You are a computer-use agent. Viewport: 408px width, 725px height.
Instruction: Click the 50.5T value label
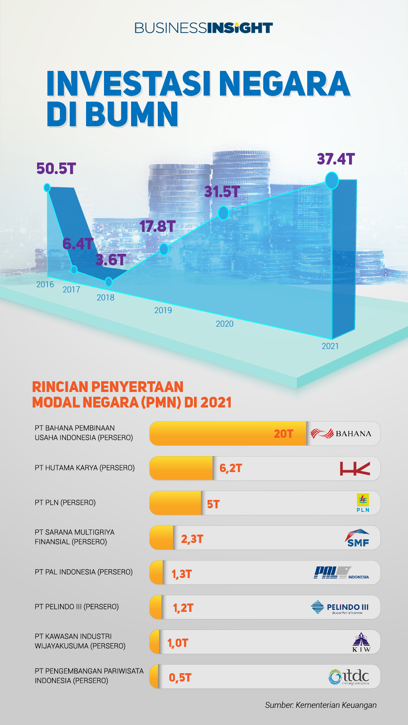(56, 169)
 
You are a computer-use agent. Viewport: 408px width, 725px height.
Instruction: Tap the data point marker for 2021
(331, 180)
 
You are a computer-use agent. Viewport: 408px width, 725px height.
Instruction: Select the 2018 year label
(106, 298)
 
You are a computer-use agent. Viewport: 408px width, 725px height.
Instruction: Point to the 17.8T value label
(157, 227)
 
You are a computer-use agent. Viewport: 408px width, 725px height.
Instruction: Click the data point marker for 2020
(223, 213)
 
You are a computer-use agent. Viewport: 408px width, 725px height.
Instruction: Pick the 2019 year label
(163, 310)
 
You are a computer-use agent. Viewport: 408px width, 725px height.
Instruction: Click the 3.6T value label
(111, 260)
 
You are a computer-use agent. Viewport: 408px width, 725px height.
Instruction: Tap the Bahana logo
(341, 433)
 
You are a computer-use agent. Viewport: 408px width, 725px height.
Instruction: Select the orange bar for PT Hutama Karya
(181, 468)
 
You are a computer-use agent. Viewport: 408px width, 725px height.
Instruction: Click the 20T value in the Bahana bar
(283, 434)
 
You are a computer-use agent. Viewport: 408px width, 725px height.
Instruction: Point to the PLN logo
(363, 503)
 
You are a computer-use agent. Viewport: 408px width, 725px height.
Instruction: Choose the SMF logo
(357, 538)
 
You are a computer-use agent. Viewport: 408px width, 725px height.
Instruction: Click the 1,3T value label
(182, 574)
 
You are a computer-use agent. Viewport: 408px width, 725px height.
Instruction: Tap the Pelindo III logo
(340, 607)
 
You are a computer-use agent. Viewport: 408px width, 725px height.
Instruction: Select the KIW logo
(361, 642)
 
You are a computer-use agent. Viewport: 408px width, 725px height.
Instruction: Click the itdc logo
(349, 677)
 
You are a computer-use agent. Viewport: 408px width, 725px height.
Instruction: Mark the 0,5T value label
(180, 678)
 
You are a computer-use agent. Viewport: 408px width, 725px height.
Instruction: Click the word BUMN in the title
(132, 115)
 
